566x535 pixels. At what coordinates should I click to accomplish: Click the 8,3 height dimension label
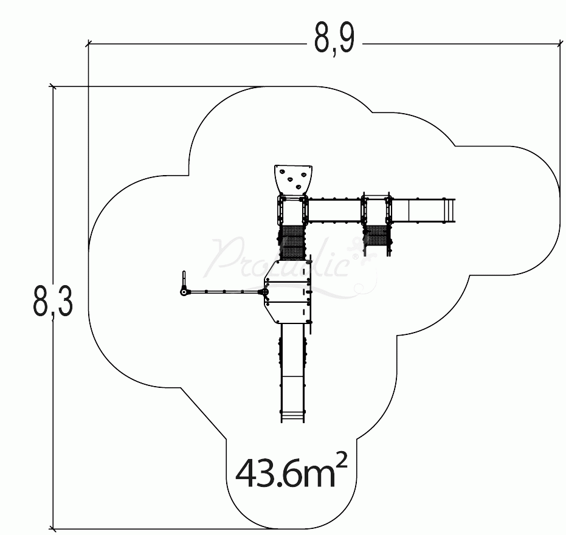click(x=53, y=302)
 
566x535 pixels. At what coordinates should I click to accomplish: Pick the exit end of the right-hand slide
click(x=451, y=210)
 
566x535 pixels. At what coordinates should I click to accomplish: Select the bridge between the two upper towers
click(x=334, y=210)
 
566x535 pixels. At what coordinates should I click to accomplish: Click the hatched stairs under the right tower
click(x=376, y=238)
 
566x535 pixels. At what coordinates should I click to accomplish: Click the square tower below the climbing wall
click(x=292, y=210)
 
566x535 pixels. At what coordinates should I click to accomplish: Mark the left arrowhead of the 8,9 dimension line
click(x=91, y=43)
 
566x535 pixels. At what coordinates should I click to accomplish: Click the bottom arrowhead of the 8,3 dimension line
click(x=53, y=526)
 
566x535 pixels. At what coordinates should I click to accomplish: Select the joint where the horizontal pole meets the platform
click(x=266, y=293)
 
